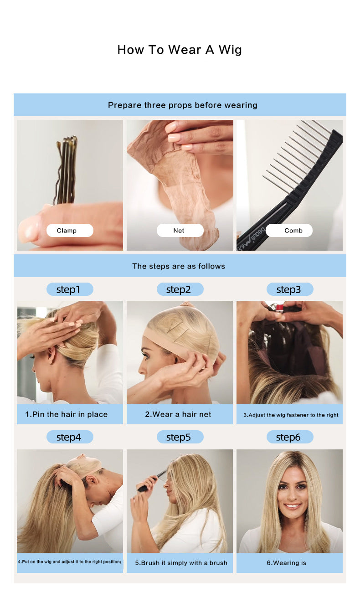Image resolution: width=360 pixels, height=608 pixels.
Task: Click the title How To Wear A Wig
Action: click(x=180, y=50)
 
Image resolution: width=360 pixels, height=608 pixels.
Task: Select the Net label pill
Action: click(x=180, y=231)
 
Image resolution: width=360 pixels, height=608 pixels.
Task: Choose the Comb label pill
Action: click(x=289, y=231)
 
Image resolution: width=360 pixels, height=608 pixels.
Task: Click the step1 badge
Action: click(x=70, y=289)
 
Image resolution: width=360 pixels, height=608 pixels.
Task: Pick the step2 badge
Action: click(x=180, y=289)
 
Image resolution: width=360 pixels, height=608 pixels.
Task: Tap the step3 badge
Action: click(x=289, y=289)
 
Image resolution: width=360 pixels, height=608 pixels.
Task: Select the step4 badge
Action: click(x=70, y=438)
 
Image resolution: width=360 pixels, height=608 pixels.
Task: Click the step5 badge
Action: click(x=180, y=438)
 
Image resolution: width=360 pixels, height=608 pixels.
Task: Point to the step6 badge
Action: click(x=289, y=438)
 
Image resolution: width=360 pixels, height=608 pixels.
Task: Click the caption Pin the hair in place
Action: click(x=67, y=414)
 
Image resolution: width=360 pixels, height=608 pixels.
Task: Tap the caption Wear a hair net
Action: click(x=178, y=414)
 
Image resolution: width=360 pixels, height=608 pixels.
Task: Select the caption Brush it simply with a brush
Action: click(x=181, y=563)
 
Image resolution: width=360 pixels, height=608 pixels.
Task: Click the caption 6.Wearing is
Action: click(x=286, y=563)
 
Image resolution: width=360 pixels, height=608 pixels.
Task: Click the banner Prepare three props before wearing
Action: click(x=182, y=105)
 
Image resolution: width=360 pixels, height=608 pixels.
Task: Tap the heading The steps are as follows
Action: click(x=179, y=266)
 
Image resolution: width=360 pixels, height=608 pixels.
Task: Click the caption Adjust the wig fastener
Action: click(x=291, y=415)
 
